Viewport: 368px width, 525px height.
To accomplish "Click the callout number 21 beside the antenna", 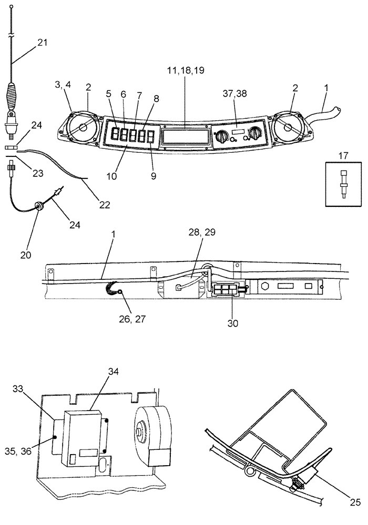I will (x=42, y=43).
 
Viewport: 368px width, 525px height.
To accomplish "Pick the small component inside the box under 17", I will (x=344, y=183).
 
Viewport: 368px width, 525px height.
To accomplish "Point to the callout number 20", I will (x=26, y=255).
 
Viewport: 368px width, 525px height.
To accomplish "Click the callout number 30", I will (x=232, y=323).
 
